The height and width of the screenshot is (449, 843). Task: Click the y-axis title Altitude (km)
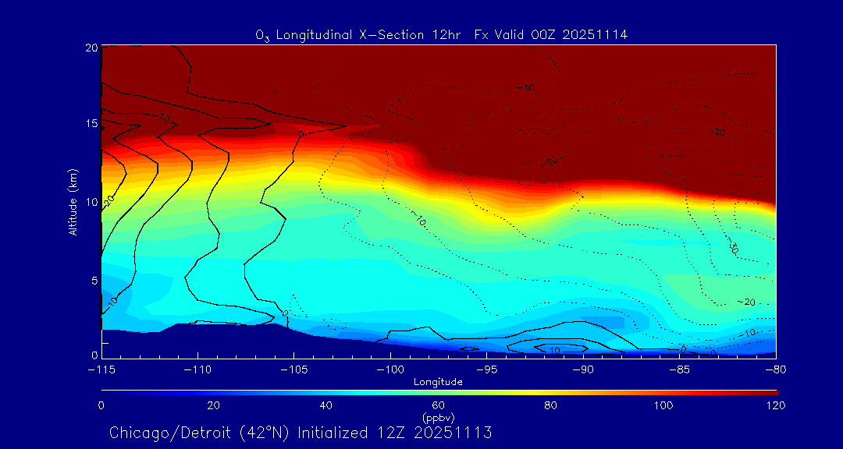[73, 202]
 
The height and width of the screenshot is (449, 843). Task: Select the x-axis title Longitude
[438, 382]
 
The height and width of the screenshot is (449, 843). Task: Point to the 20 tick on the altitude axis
[91, 48]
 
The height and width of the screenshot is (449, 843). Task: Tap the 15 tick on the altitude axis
[91, 124]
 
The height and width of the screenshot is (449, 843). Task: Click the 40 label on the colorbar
[326, 405]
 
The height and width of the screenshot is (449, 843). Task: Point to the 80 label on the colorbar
[551, 405]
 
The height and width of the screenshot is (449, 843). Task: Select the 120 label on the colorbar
[776, 405]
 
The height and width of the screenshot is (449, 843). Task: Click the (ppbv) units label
[438, 418]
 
